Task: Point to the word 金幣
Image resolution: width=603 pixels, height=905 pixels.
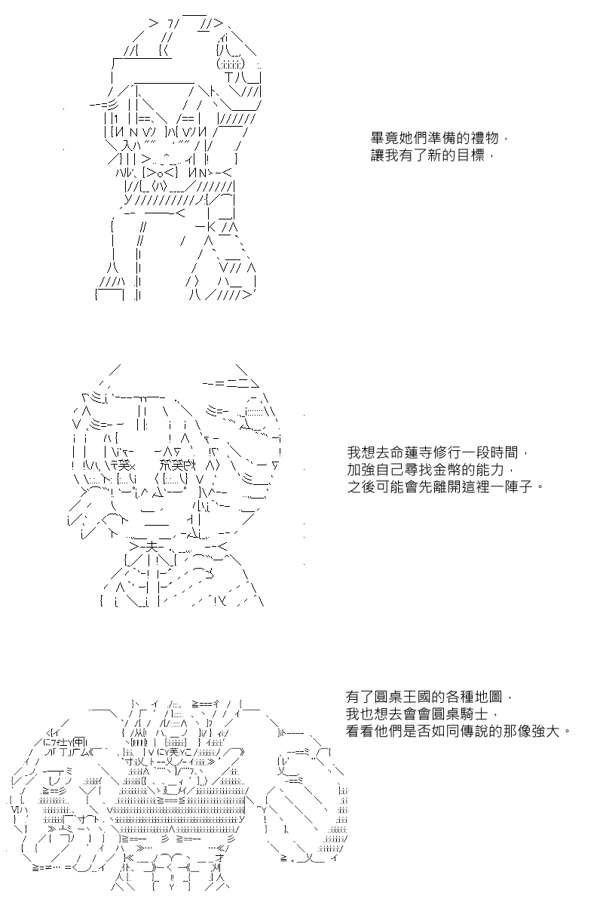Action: (448, 469)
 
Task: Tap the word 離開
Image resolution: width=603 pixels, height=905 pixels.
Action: (448, 486)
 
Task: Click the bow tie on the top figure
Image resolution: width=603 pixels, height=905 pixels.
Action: (160, 173)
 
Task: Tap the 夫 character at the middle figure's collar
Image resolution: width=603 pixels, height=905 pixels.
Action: (151, 548)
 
